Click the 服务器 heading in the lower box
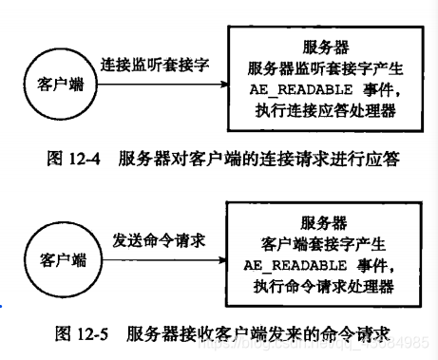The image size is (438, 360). (323, 222)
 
